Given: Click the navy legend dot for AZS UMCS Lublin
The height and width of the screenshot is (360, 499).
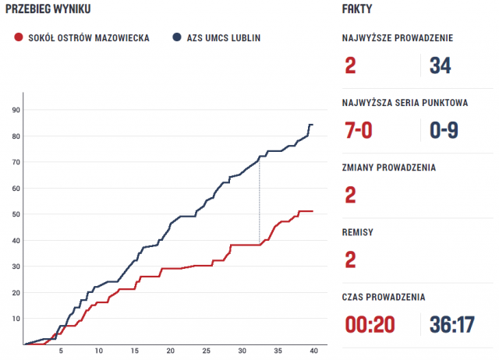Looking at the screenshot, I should (178, 37).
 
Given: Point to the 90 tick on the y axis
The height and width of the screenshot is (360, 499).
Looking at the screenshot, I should (15, 110).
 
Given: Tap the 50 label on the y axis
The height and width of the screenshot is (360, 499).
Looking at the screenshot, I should (15, 214).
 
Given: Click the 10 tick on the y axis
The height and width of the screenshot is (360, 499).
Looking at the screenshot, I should (15, 319).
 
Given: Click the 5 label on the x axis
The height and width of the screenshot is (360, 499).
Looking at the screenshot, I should (62, 351).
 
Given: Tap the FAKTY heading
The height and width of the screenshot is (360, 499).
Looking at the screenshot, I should (356, 9).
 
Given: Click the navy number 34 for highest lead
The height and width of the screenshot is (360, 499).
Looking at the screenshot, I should (440, 66).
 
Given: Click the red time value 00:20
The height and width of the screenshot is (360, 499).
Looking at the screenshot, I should (370, 324).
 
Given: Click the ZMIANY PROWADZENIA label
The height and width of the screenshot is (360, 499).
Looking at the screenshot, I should (388, 167).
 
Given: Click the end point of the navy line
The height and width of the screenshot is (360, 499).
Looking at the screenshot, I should (312, 125).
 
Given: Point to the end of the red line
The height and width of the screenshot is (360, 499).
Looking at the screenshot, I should (312, 211).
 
